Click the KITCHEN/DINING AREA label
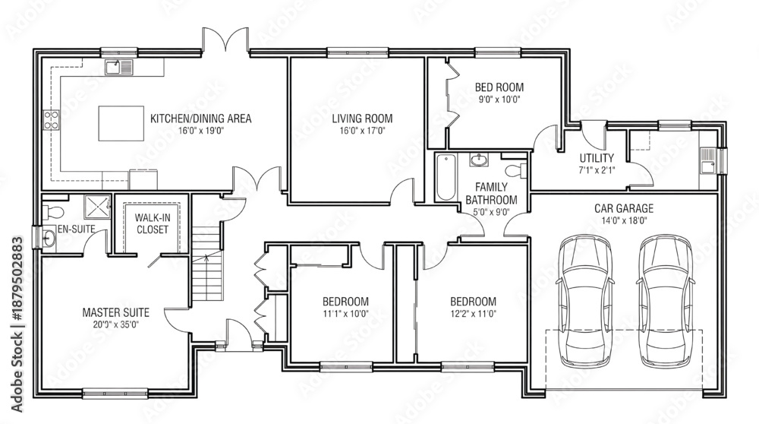pos(200,119)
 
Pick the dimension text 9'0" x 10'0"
pos(499,100)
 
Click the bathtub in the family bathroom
pos(446,176)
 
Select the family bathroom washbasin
pos(480,160)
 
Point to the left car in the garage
pos(584,300)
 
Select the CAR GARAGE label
pos(624,208)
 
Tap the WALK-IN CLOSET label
pos(152,223)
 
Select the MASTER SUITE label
pos(115,312)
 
